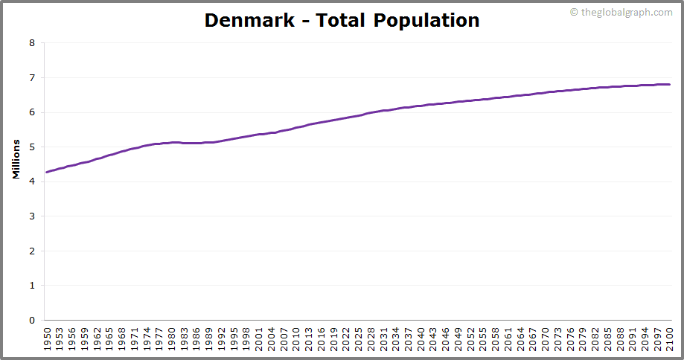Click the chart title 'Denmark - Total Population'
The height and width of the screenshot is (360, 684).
point(342,20)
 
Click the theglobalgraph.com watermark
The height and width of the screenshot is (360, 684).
point(621,12)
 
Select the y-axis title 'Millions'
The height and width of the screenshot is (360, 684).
point(16,158)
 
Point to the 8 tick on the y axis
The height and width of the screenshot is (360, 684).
point(32,43)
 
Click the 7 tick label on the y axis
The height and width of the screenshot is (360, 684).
point(32,78)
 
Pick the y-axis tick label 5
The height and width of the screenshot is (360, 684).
point(32,147)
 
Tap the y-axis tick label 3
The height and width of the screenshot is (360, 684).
point(32,216)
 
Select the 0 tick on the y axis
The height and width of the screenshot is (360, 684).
point(32,321)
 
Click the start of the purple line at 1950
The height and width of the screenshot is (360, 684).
point(47,173)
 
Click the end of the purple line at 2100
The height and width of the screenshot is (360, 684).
point(669,84)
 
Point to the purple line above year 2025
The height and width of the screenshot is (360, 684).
point(357,115)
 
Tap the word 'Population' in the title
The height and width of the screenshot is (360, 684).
point(426,20)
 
